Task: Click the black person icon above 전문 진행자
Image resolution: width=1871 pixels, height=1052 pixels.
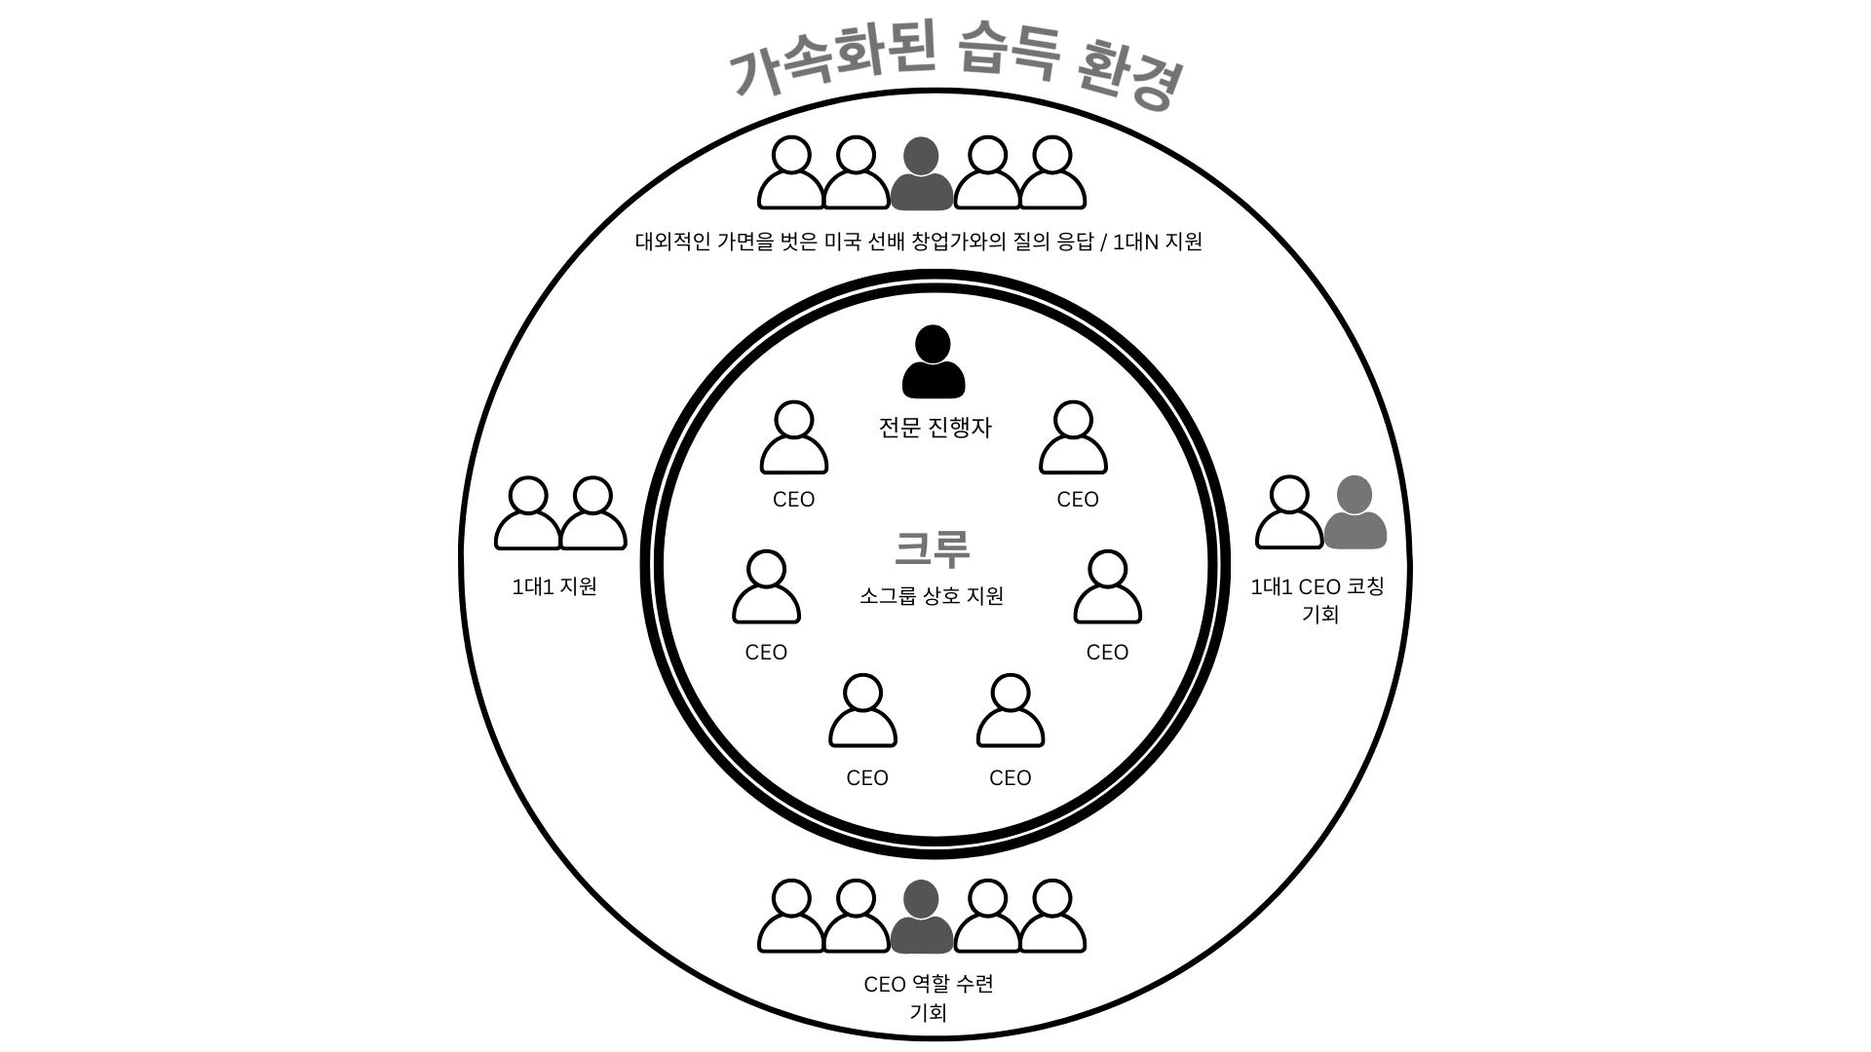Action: [934, 362]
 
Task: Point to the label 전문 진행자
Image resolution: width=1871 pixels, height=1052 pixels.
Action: [935, 428]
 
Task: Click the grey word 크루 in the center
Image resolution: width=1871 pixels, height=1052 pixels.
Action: [933, 549]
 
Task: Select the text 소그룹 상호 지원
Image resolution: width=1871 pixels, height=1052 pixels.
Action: [932, 596]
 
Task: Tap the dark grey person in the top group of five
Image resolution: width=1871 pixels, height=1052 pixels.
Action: [922, 174]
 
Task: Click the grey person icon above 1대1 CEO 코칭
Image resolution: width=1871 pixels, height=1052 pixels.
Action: [1355, 512]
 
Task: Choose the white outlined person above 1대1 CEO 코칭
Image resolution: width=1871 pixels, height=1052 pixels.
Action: [1289, 512]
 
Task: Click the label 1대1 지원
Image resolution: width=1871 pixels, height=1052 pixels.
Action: [554, 586]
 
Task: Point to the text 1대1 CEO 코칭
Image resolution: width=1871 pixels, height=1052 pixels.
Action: [1317, 586]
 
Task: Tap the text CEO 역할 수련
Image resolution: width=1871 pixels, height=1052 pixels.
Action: [929, 984]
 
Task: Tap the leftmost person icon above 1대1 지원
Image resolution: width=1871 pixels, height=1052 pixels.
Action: [528, 513]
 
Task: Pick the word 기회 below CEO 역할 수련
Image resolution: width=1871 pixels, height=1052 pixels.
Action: [929, 1013]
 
